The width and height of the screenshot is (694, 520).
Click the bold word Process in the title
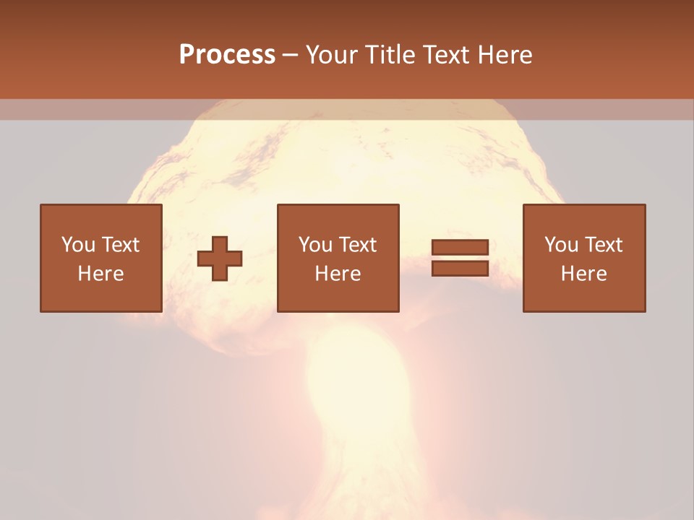click(x=227, y=55)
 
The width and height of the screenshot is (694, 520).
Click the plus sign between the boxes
click(x=220, y=258)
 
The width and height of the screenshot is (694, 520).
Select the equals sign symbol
click(x=460, y=258)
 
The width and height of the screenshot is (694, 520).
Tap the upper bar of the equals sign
click(x=460, y=248)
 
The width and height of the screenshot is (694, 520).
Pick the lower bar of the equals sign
click(x=460, y=268)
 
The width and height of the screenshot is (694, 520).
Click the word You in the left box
click(x=78, y=245)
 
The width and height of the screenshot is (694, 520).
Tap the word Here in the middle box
click(x=338, y=274)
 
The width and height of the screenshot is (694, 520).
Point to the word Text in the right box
click(x=602, y=245)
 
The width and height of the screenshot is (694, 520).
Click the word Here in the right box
click(x=584, y=274)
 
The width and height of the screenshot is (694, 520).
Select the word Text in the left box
click(x=119, y=245)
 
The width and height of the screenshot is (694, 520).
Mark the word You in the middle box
click(x=315, y=245)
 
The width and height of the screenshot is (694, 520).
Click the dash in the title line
click(x=291, y=55)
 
